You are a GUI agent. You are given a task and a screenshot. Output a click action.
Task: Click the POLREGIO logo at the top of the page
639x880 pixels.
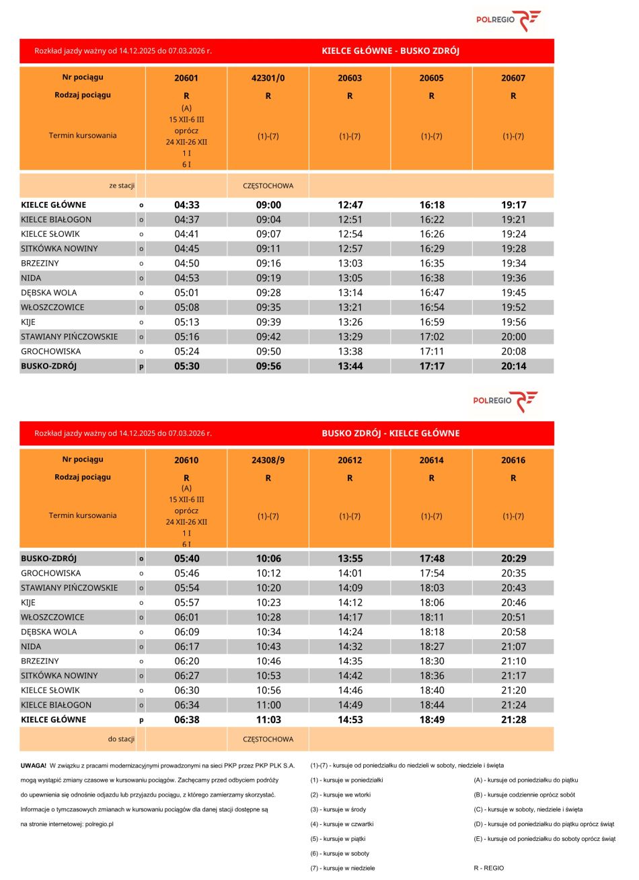pyautogui.click(x=508, y=20)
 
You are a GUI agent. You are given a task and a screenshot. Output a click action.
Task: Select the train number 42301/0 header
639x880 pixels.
pyautogui.click(x=268, y=78)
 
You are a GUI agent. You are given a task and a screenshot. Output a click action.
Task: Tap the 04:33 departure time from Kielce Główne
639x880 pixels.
pyautogui.click(x=186, y=205)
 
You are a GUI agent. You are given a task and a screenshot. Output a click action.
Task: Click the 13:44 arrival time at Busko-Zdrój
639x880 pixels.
pyautogui.click(x=350, y=366)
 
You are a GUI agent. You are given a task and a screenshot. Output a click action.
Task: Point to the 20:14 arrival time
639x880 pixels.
pyautogui.click(x=513, y=366)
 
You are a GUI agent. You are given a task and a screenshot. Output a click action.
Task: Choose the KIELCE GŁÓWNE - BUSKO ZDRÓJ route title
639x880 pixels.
pyautogui.click(x=390, y=51)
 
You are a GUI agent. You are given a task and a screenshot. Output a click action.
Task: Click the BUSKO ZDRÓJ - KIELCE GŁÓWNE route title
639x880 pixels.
pyautogui.click(x=390, y=433)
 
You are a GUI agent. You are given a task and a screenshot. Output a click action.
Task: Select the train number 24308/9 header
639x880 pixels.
pyautogui.click(x=268, y=461)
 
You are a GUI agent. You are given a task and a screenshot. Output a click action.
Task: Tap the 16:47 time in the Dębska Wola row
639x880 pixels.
pyautogui.click(x=431, y=293)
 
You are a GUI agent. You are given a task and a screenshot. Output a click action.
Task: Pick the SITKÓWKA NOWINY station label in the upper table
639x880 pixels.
pyautogui.click(x=59, y=249)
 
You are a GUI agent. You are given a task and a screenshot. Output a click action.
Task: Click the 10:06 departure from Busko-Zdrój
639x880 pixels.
pyautogui.click(x=268, y=558)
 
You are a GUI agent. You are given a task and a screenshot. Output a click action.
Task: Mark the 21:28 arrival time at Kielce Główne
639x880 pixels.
pyautogui.click(x=513, y=720)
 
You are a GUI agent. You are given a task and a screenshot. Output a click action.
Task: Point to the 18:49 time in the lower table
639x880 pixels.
pyautogui.click(x=431, y=720)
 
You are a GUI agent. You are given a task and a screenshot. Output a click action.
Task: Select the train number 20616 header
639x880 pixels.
pyautogui.click(x=513, y=461)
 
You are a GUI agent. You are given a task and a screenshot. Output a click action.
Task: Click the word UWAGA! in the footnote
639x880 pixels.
pyautogui.click(x=34, y=766)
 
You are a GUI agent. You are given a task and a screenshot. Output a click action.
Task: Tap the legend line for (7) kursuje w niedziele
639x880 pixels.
pyautogui.click(x=342, y=869)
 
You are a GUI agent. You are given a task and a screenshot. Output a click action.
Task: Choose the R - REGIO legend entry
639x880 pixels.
pyautogui.click(x=488, y=869)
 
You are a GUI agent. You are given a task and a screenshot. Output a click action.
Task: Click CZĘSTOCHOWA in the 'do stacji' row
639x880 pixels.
pyautogui.click(x=268, y=739)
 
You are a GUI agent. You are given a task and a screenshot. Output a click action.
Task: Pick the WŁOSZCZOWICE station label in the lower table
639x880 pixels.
pyautogui.click(x=52, y=618)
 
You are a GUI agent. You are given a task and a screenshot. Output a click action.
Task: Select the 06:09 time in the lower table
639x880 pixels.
pyautogui.click(x=186, y=632)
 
